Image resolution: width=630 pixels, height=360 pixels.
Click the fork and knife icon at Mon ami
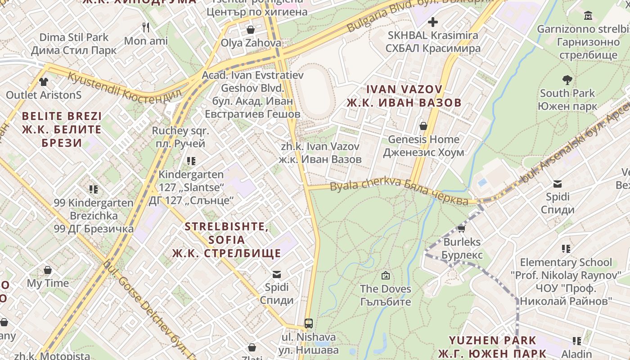(x=145, y=27)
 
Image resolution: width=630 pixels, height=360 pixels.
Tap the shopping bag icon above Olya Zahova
(x=251, y=30)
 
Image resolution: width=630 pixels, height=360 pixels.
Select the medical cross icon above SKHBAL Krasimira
(x=433, y=22)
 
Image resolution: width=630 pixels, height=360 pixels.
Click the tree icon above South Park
(x=567, y=80)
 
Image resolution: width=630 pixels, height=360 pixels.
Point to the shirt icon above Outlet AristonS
(x=44, y=81)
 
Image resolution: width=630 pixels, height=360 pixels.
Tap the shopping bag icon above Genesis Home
(x=423, y=126)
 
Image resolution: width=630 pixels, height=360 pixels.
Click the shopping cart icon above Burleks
(x=461, y=229)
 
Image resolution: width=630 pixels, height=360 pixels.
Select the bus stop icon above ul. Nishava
(x=309, y=323)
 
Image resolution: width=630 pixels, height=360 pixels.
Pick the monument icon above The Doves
(x=385, y=275)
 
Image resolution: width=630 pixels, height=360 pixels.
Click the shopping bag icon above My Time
(x=48, y=270)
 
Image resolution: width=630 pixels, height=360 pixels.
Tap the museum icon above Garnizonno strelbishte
(x=588, y=16)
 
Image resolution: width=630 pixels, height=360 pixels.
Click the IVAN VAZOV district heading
(x=404, y=96)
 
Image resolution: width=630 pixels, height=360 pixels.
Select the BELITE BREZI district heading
(x=62, y=130)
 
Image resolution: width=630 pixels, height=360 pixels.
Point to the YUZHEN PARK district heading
(x=492, y=346)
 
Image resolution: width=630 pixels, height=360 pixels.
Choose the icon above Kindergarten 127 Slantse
(x=191, y=161)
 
